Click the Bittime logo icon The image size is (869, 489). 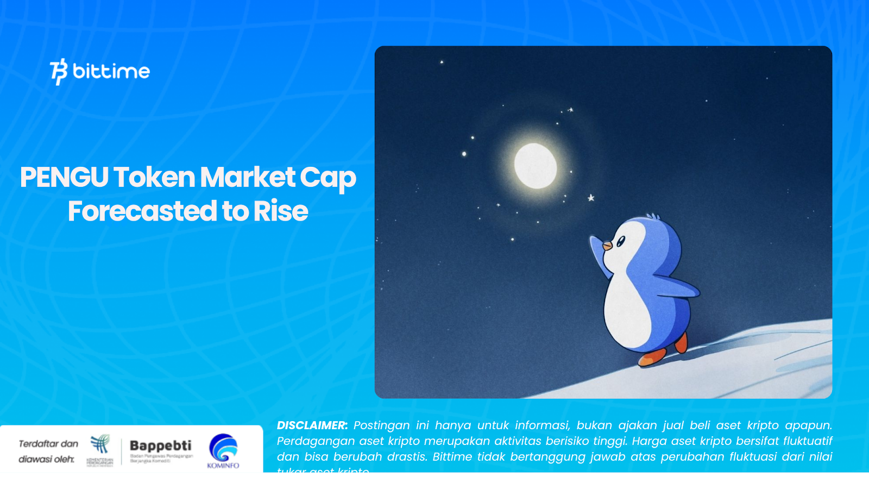pos(59,72)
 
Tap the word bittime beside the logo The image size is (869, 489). pos(111,71)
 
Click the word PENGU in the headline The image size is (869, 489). pos(64,178)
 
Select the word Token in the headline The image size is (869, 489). pos(154,178)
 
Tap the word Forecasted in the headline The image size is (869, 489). pos(142,211)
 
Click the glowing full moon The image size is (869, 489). pos(536,166)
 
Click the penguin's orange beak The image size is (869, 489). pos(607,246)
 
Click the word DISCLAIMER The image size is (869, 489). pos(312,425)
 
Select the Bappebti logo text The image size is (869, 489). pos(160,446)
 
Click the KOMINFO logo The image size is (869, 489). pos(223,450)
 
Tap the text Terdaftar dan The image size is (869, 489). pos(48,444)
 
